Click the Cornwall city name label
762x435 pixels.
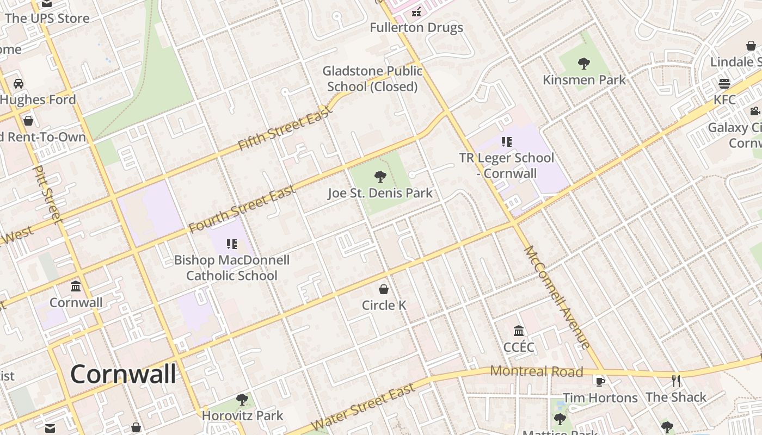(x=123, y=374)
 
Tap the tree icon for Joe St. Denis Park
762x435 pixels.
(x=380, y=176)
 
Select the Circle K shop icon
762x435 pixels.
(x=384, y=289)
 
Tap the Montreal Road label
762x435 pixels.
(x=536, y=371)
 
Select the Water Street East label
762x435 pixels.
(x=362, y=407)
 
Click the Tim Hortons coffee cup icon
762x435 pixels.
(x=600, y=381)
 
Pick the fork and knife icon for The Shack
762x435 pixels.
(x=676, y=381)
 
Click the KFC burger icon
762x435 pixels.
(x=724, y=83)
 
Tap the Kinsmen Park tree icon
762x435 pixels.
(x=584, y=64)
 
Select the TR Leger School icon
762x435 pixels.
(x=507, y=142)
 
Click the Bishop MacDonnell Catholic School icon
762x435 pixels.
(x=232, y=244)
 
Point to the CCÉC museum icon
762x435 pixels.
(x=519, y=331)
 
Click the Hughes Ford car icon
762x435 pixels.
(x=19, y=83)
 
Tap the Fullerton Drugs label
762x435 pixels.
(x=416, y=27)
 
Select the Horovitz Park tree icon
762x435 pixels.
(x=242, y=400)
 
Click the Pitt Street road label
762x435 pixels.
(x=47, y=194)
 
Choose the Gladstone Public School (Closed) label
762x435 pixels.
(x=372, y=79)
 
